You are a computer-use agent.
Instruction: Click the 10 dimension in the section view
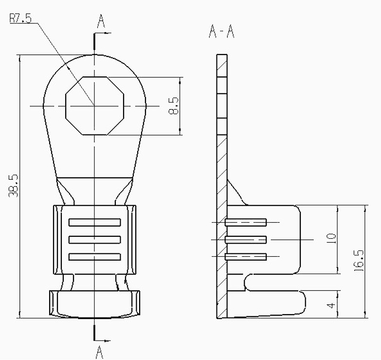[331, 239]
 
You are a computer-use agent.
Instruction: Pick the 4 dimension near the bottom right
[331, 305]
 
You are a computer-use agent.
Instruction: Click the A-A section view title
[221, 32]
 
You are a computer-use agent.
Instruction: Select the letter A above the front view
[101, 21]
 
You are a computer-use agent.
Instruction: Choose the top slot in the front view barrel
[94, 223]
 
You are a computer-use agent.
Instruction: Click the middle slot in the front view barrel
[94, 240]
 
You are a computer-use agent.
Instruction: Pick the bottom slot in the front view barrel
[94, 256]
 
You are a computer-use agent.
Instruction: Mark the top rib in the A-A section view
[246, 222]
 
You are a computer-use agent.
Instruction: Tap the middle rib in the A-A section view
[246, 239]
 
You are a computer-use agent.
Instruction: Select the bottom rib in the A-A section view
[246, 256]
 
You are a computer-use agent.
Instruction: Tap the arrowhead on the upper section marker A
[108, 33]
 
